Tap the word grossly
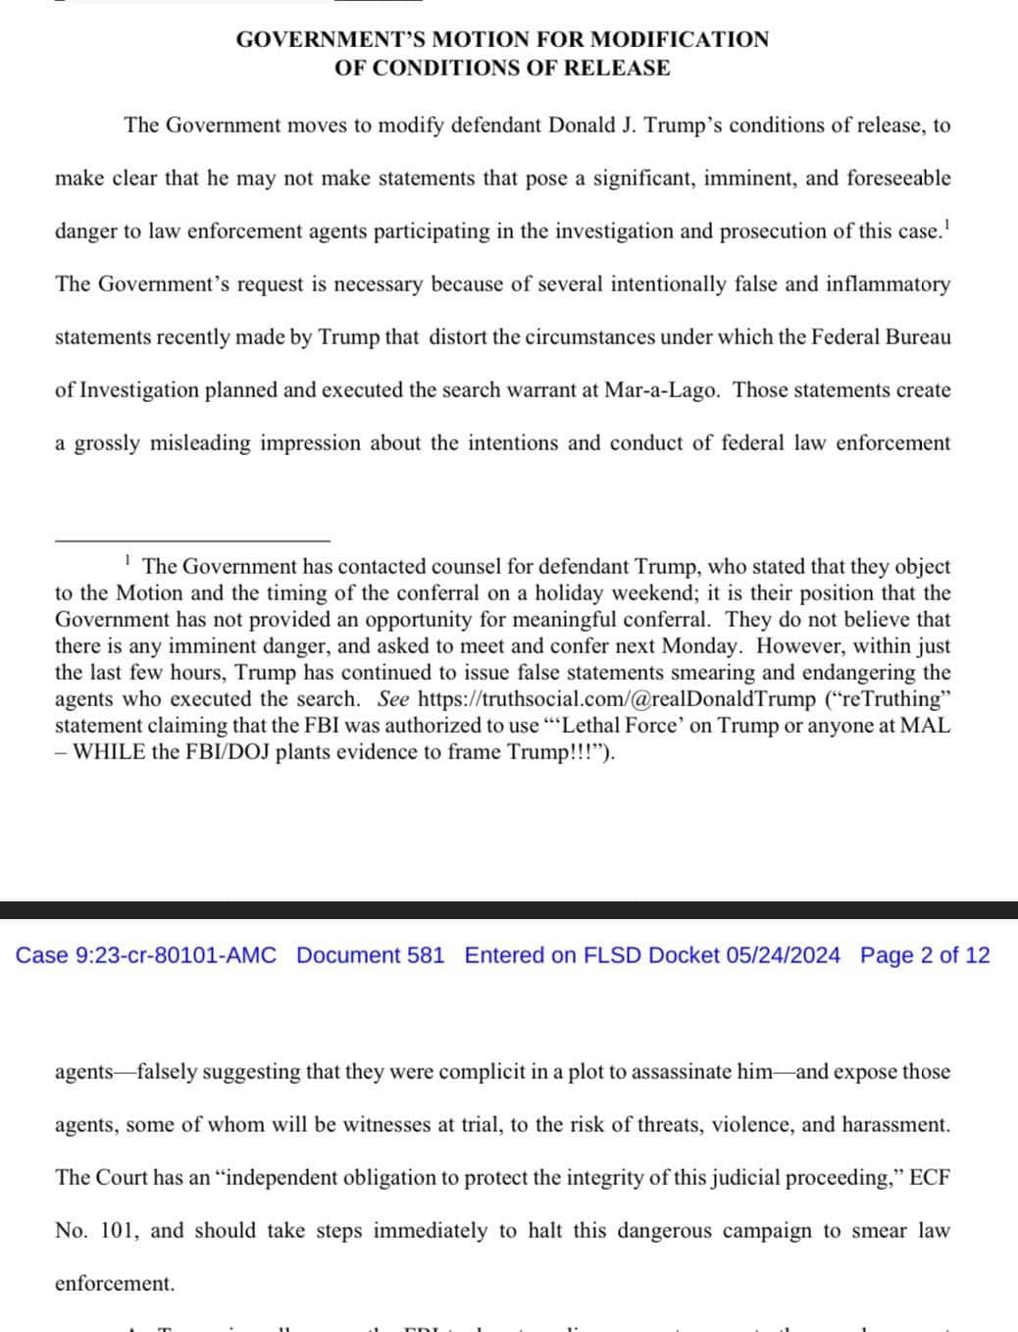pos(107,443)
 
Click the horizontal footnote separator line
pos(192,539)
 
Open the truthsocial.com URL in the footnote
pos(616,699)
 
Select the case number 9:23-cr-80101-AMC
pos(176,955)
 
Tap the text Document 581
pos(370,955)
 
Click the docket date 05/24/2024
pos(783,955)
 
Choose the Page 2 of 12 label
pos(925,955)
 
